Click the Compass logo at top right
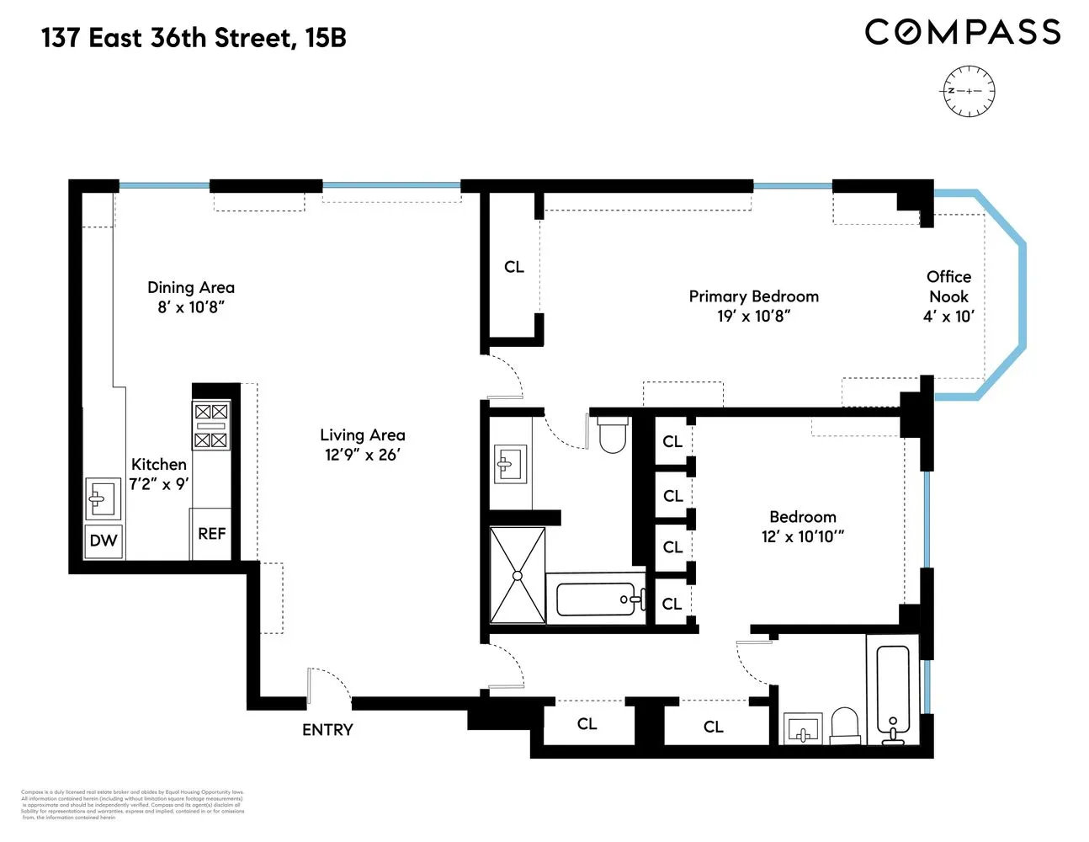coord(962,32)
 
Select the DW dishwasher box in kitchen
coord(104,541)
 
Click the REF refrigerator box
coord(211,534)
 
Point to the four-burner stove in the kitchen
coord(210,425)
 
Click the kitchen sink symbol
coord(104,498)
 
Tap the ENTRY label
coord(327,730)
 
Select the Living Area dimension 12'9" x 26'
coord(363,455)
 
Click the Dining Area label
coord(191,288)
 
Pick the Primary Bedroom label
coord(753,296)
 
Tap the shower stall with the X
coord(517,575)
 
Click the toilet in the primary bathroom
coord(612,434)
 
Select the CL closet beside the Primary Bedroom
coord(513,267)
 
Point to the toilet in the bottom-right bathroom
coord(844,725)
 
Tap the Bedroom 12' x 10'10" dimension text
coord(802,537)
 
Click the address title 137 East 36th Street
coord(194,38)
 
